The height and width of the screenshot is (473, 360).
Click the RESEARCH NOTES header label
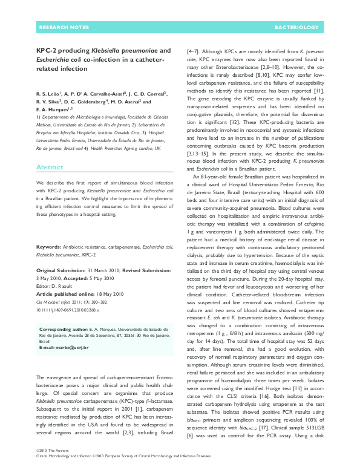(59, 28)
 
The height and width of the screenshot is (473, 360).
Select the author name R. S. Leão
(50, 94)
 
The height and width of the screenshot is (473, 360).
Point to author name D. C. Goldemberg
(99, 102)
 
